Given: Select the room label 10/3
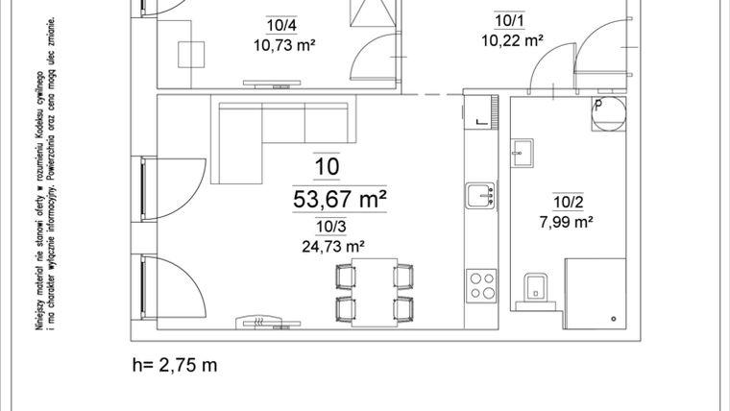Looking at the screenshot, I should click(326, 227).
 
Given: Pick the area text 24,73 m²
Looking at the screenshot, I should click(327, 244).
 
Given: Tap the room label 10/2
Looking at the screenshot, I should click(567, 202).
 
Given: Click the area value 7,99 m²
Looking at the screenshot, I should click(566, 221).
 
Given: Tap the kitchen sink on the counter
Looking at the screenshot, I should click(479, 196).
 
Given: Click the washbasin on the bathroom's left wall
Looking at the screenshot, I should click(523, 151).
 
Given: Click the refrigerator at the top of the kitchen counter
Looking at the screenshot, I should click(479, 111).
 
